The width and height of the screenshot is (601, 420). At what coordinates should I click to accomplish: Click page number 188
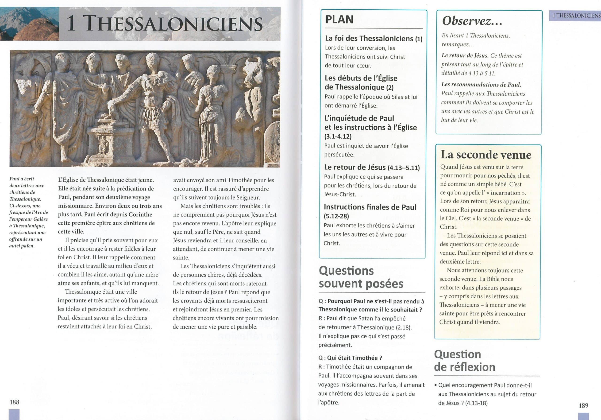[x=14, y=402]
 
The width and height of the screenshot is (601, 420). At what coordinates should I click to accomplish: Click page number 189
[x=583, y=405]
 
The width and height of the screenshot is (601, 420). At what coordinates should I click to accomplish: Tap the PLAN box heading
[x=339, y=20]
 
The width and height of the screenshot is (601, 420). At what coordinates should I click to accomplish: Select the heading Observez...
[x=472, y=21]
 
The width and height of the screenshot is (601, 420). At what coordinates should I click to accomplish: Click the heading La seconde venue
[x=486, y=155]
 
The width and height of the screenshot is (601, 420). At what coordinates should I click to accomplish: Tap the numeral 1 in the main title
[x=71, y=23]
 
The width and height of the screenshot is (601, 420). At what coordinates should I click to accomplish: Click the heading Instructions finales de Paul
[x=370, y=207]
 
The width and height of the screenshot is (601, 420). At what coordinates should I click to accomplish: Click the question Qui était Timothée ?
[x=350, y=358]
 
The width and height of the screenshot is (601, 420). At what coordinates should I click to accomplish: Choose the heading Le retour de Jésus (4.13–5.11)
[x=372, y=167]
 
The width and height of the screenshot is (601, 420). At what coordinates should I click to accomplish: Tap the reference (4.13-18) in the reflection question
[x=476, y=403]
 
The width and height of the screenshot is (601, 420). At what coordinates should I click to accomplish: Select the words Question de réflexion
[x=465, y=361]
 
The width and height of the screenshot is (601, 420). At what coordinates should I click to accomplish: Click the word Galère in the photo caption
[x=41, y=219]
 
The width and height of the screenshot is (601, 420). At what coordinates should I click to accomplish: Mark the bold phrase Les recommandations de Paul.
[x=481, y=85]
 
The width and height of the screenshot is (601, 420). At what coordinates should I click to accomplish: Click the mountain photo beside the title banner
[x=29, y=24]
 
